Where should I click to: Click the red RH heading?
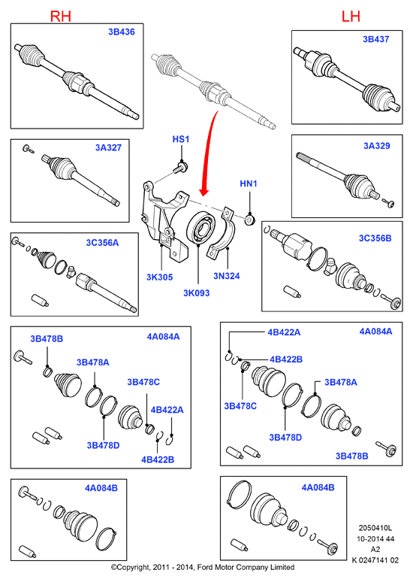tap(60, 16)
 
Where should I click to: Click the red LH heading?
tap(351, 16)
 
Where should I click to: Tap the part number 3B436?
tap(121, 32)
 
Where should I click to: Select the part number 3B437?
tap(376, 39)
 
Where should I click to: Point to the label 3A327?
tap(108, 147)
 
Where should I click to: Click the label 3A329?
tap(377, 146)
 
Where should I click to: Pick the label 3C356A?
tap(102, 243)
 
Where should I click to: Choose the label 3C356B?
tap(375, 238)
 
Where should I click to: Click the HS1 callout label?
tap(181, 139)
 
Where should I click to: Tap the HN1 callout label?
tap(249, 183)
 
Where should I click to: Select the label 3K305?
tap(159, 277)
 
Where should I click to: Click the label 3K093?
tap(197, 293)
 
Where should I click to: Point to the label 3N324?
tap(227, 276)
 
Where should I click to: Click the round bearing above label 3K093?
tap(200, 228)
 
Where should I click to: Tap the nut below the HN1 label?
tap(250, 220)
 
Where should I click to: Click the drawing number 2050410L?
tap(375, 528)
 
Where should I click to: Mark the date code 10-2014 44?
tap(375, 539)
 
